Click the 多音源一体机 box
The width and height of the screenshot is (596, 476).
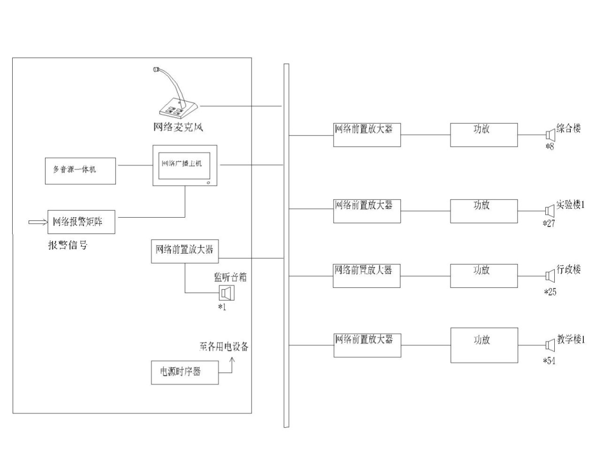(80, 171)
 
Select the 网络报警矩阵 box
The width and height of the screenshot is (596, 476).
(81, 222)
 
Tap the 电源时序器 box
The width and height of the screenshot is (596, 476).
(184, 372)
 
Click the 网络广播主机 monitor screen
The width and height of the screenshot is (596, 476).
(184, 165)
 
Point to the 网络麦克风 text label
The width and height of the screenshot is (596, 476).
(178, 127)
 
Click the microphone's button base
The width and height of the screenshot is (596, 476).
(175, 109)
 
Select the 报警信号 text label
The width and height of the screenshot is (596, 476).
(68, 245)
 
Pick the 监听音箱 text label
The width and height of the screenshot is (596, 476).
(230, 277)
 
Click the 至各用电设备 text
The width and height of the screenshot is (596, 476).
(224, 347)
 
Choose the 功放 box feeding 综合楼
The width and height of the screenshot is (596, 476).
(484, 135)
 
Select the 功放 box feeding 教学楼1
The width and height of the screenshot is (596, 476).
(484, 345)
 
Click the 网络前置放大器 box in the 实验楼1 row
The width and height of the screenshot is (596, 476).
(367, 211)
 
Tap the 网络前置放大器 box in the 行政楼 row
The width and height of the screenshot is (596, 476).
(367, 276)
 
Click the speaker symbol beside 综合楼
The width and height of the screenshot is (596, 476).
(550, 135)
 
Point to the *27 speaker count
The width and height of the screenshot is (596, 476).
(549, 223)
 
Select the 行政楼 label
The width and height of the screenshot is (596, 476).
(569, 270)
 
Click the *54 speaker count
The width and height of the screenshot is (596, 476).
(549, 361)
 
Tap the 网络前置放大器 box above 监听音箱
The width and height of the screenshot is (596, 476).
(185, 251)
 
